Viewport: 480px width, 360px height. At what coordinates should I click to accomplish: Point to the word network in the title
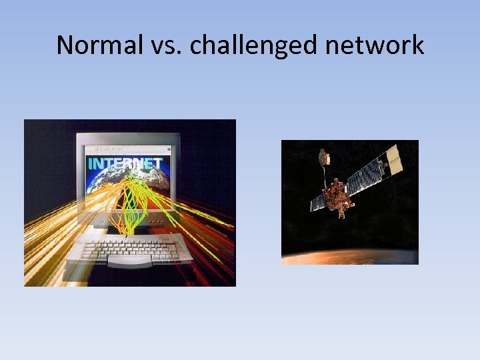(381, 45)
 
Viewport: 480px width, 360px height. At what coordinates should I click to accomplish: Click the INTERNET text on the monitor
(125, 163)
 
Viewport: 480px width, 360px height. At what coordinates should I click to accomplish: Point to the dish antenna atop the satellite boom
(325, 157)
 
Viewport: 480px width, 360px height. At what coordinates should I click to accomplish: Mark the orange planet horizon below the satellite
(347, 257)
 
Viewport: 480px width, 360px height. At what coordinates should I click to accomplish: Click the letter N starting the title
(64, 45)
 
